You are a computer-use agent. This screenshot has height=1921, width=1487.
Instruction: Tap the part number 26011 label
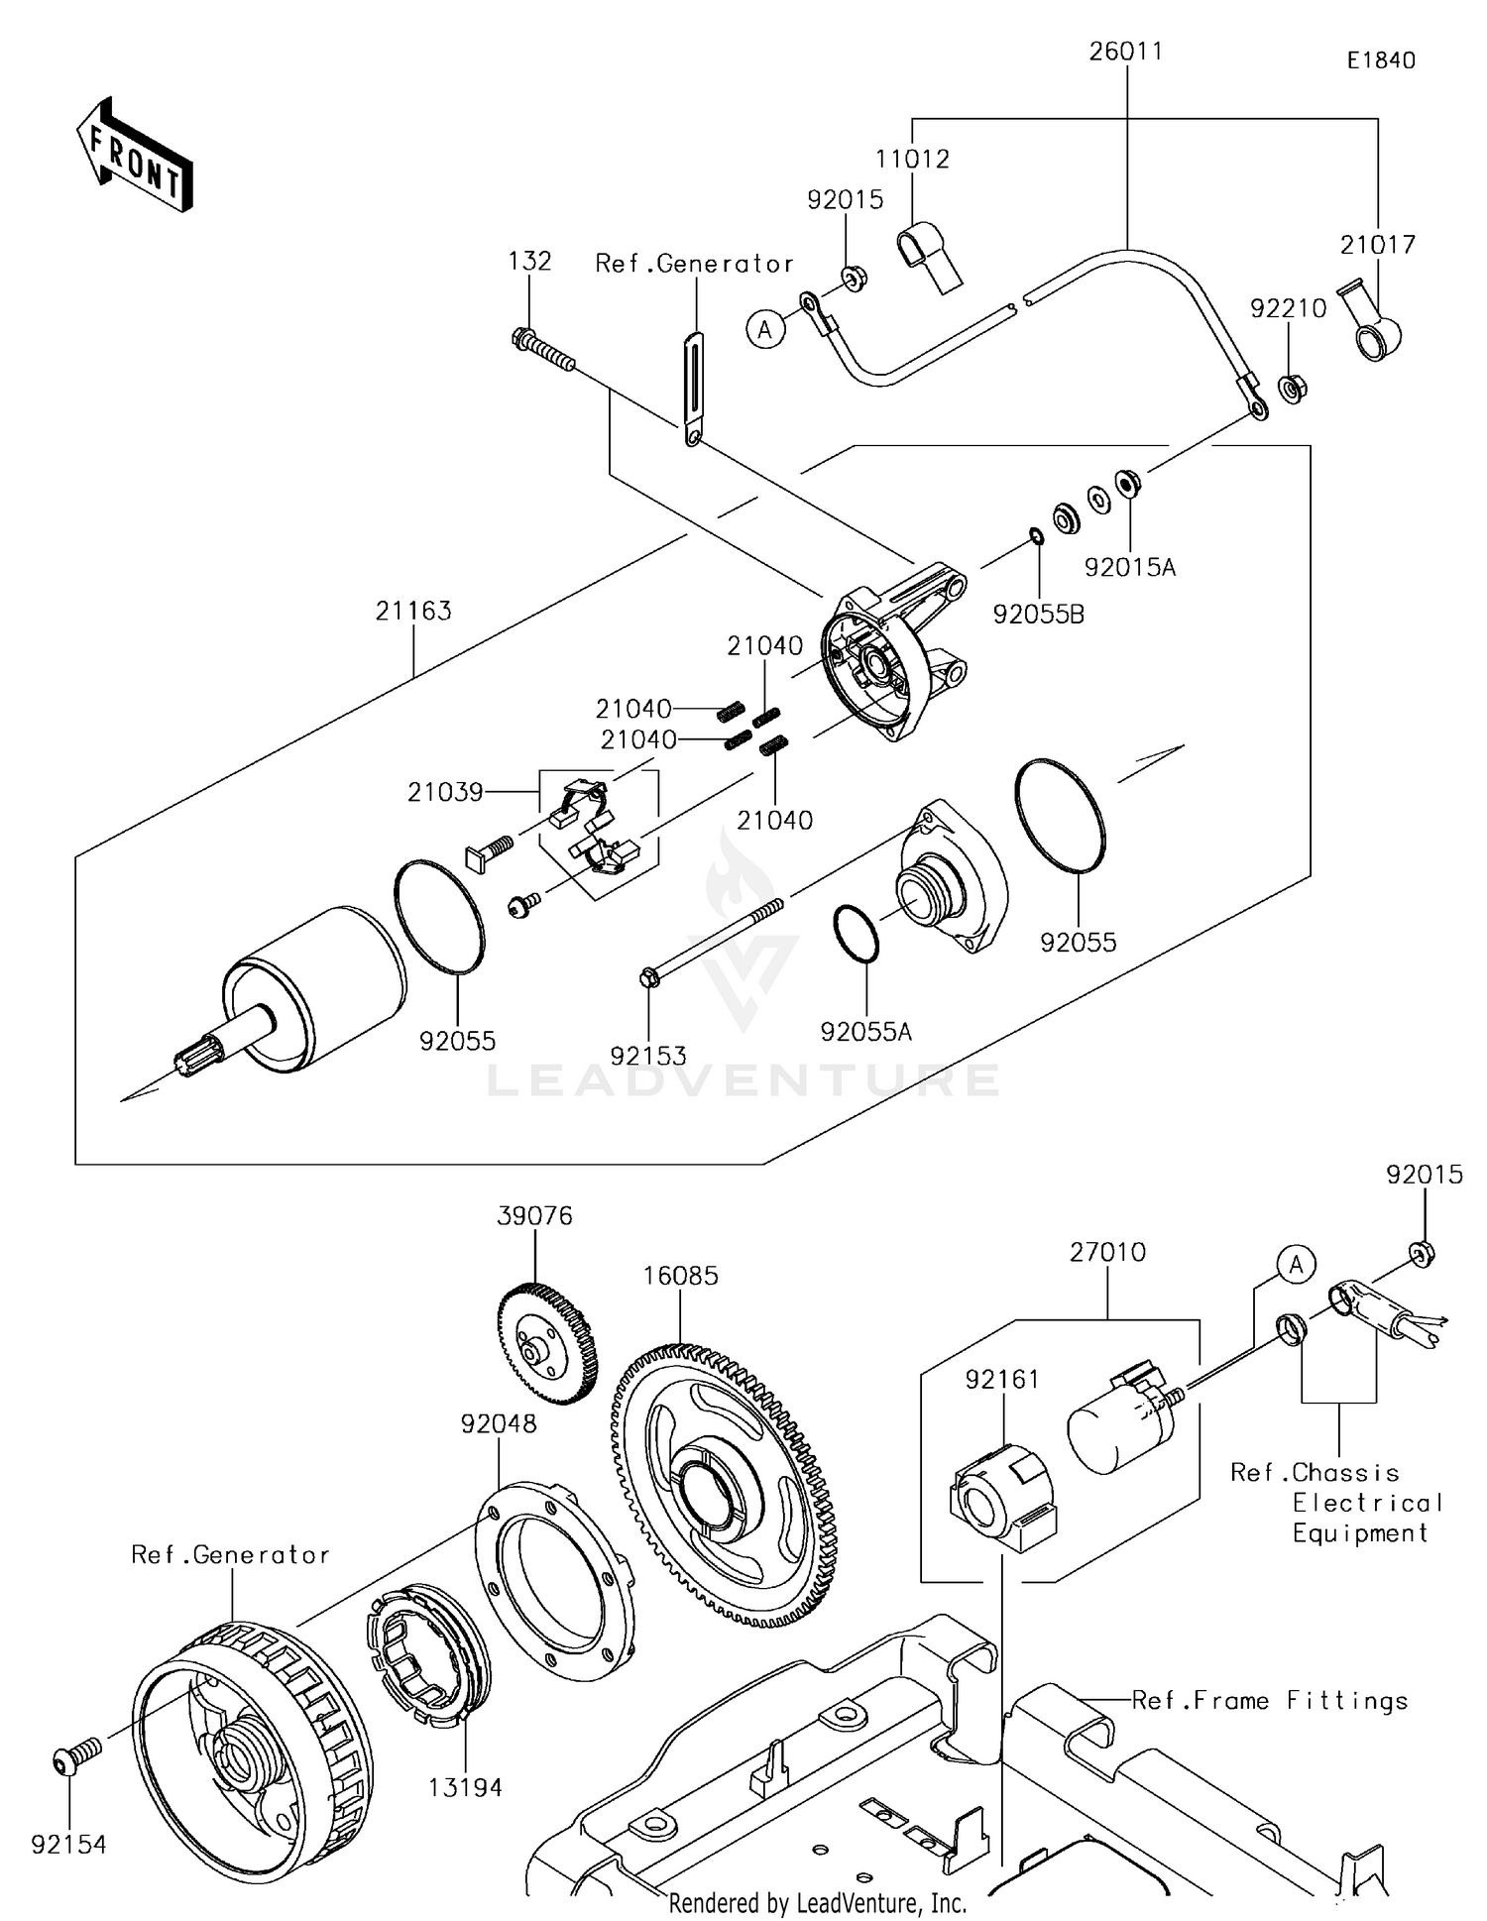pos(1125,52)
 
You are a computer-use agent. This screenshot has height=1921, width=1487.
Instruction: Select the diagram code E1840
pos(1380,60)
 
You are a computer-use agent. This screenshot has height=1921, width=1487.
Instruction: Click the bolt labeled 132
pos(543,351)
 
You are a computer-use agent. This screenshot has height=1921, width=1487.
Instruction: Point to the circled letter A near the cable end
pos(764,328)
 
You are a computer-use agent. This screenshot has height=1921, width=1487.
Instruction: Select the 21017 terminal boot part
pos(1372,323)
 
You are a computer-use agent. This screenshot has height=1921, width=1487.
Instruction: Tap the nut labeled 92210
pos(1291,388)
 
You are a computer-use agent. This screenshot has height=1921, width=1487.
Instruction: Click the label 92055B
pos(1038,615)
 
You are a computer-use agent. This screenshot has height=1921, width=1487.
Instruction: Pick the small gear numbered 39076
pos(546,1343)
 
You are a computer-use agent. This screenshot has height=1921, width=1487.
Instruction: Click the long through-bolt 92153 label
pos(647,1056)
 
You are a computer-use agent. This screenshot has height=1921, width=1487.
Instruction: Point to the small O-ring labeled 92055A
pos(856,933)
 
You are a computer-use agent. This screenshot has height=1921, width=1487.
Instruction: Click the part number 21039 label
pos(445,792)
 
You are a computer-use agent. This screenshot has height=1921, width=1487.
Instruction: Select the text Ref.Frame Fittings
pos(1269,1701)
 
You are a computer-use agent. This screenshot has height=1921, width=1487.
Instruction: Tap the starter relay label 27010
pos(1107,1252)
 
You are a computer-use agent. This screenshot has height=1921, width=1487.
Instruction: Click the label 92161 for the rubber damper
pos(1003,1379)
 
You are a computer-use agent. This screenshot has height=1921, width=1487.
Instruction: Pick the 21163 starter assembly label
pos(412,611)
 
